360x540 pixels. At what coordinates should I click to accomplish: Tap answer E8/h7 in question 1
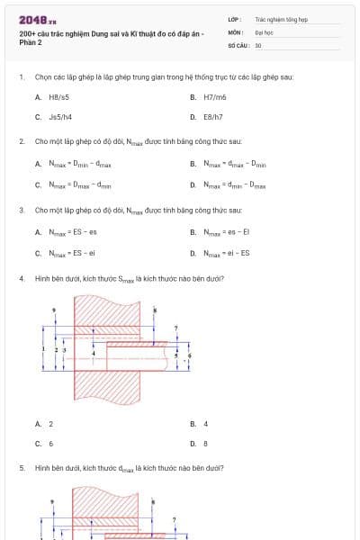coord(213,117)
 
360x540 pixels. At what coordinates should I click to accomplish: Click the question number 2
coord(21,141)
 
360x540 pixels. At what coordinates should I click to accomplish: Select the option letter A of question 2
coord(38,164)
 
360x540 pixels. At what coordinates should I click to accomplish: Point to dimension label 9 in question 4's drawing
coord(54,310)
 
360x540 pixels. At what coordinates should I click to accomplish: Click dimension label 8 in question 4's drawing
coord(156,310)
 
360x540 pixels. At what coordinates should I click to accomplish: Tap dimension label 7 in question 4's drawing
coord(175,328)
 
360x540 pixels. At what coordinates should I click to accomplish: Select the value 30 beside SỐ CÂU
coord(258,45)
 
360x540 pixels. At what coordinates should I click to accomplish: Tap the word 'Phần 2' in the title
coord(31,42)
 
